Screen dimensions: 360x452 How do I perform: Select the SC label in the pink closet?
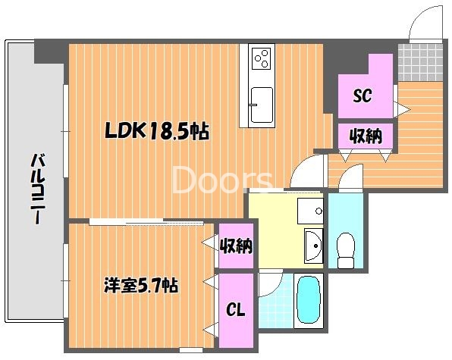point(363,96)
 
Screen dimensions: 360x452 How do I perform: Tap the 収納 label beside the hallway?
point(365,136)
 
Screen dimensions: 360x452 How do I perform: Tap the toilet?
point(346,251)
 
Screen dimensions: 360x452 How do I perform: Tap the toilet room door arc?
point(351,179)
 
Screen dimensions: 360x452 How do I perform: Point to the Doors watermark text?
point(224,180)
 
